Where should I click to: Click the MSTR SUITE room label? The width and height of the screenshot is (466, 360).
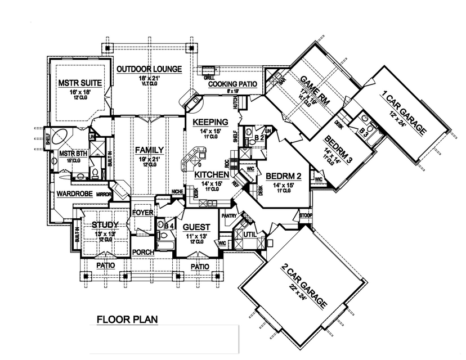[80, 83]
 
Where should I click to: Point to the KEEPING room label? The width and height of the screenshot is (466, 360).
[209, 121]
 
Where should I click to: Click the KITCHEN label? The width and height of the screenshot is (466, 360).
[212, 175]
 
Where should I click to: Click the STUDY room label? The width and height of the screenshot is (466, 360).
[105, 225]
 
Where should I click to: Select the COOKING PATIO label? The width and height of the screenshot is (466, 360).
[232, 84]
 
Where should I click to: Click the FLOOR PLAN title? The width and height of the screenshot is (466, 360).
[127, 319]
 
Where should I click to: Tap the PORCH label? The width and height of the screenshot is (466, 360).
[144, 252]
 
